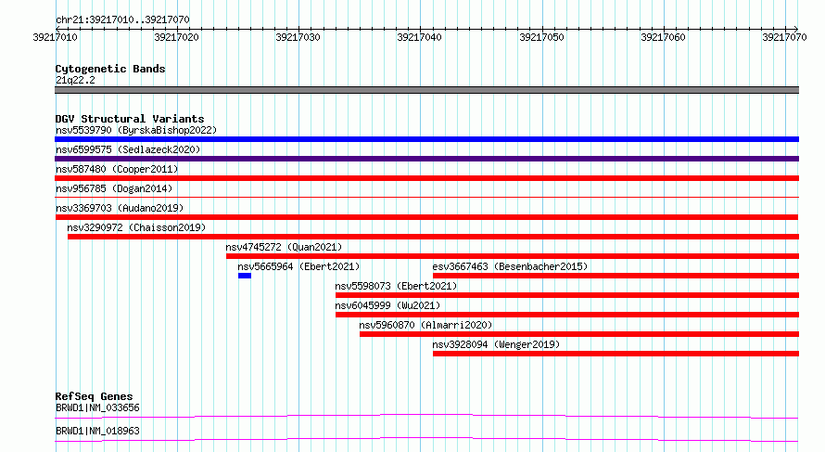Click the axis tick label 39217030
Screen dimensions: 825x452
[x=298, y=37]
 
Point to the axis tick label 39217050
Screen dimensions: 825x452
[x=541, y=37]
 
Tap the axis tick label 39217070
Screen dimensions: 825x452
[x=784, y=37]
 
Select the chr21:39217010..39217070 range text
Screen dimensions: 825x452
[x=122, y=20]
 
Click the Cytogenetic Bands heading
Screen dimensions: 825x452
[x=110, y=69]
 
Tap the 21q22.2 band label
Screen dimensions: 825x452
[x=75, y=80]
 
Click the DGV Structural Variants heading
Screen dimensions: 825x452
[x=130, y=119]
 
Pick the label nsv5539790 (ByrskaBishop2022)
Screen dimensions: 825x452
[x=136, y=130]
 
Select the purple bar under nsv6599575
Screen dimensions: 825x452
[x=426, y=159]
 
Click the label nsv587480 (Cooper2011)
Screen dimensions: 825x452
[x=117, y=169]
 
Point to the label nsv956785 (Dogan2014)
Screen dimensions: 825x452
[x=114, y=188]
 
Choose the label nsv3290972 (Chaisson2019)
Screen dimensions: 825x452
[x=136, y=227]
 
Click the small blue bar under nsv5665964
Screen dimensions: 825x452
[x=245, y=276]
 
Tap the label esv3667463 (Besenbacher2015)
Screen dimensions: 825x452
[x=510, y=266]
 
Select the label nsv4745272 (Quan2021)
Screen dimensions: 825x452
[x=284, y=247]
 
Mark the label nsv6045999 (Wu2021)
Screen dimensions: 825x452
[x=387, y=305]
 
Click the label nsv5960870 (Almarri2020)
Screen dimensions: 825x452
[x=425, y=325]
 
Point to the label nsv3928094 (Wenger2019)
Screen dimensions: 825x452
[x=496, y=344]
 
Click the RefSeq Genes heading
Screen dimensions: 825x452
[x=95, y=396]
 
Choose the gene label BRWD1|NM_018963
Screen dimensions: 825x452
[x=98, y=431]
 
